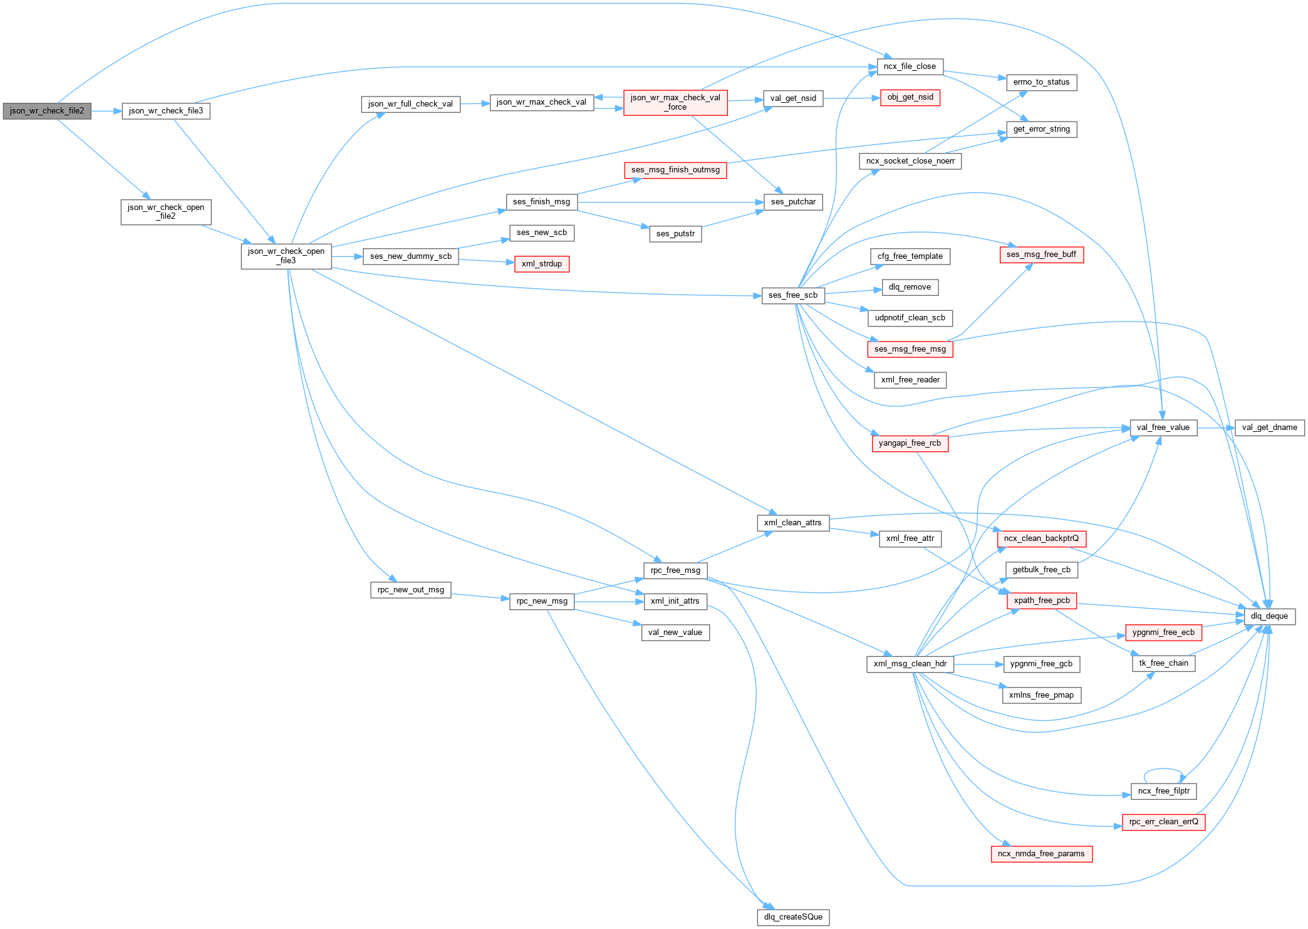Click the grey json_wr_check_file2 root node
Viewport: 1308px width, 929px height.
pos(47,111)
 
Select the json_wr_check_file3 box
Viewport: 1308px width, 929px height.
pos(165,111)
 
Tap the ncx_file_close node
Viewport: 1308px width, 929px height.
pos(910,66)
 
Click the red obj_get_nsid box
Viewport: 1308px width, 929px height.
pos(910,97)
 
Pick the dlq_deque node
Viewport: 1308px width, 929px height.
pos(1269,616)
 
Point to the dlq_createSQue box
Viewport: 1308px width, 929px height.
pos(793,917)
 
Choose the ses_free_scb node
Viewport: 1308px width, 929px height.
pos(792,295)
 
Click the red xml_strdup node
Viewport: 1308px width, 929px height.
pos(541,264)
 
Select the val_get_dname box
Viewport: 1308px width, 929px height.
pos(1269,428)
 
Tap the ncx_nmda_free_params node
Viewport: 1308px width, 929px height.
pos(1041,854)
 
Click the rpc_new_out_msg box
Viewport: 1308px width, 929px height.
pos(410,590)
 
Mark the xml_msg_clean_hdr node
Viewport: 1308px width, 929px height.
pos(910,664)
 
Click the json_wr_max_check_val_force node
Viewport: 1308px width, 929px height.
pos(675,102)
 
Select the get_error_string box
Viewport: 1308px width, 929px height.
pos(1041,129)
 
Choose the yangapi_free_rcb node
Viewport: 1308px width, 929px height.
pos(910,443)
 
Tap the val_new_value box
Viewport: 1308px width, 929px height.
pos(675,632)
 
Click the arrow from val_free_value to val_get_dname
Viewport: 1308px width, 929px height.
pos(1215,428)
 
